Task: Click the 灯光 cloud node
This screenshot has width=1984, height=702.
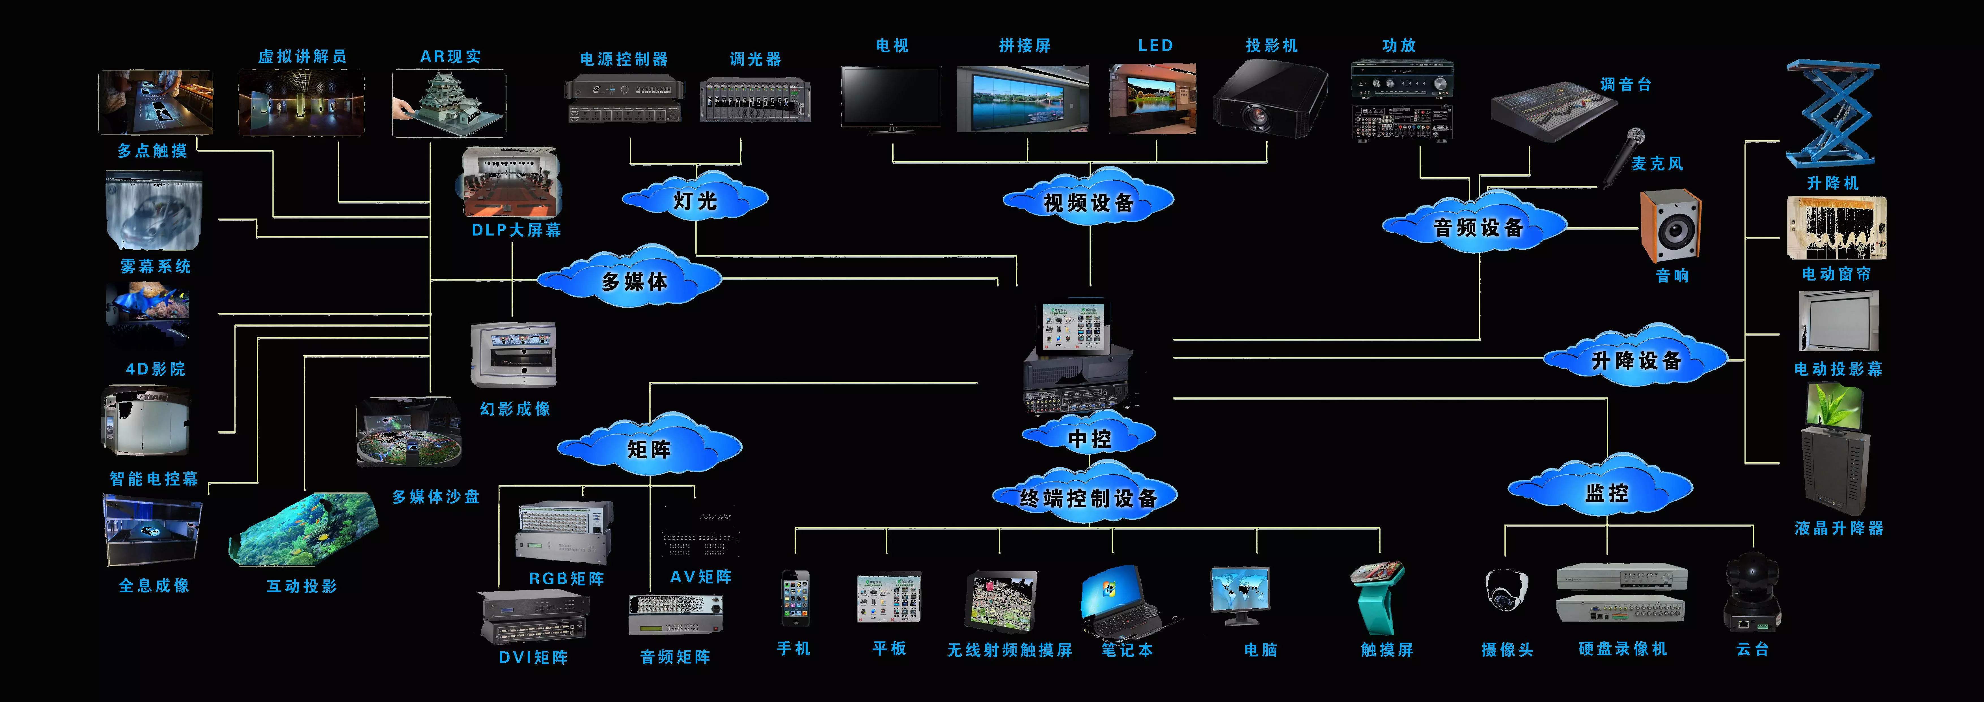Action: [x=695, y=200]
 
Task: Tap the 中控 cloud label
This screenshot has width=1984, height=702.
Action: [x=1089, y=438]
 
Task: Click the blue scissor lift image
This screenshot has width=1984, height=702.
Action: [x=1832, y=114]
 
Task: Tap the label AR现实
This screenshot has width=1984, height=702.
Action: [x=450, y=56]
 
